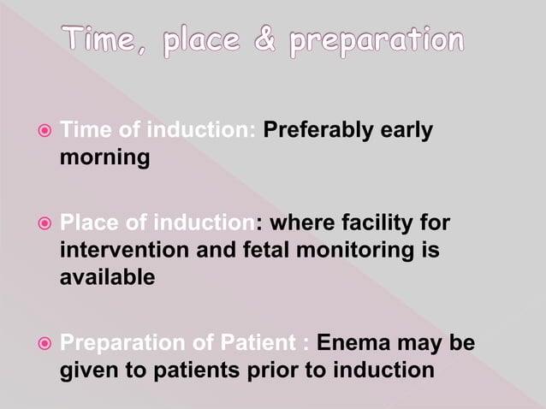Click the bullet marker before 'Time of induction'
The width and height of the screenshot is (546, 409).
point(45,132)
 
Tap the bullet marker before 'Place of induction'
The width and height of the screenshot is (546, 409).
point(45,225)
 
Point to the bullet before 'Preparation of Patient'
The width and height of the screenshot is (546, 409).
point(45,345)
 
